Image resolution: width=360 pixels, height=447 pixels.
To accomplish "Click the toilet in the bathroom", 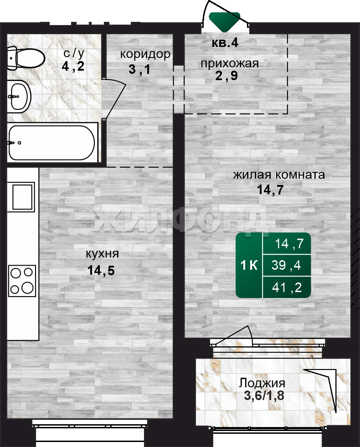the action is [x=25, y=58].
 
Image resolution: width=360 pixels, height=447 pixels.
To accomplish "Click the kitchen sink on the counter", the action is [x=23, y=197].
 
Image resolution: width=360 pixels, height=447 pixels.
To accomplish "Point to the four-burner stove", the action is [x=22, y=281].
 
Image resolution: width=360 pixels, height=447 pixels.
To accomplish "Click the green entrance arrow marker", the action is [x=225, y=22].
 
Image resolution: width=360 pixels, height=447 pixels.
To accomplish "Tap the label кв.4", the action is [x=225, y=43].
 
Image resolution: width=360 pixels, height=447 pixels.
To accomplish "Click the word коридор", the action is [x=145, y=54].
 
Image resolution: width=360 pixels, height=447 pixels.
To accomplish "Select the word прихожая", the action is [x=230, y=64].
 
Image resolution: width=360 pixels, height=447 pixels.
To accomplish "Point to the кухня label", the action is [x=103, y=254].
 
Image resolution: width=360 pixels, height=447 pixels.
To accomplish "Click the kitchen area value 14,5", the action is [x=101, y=270].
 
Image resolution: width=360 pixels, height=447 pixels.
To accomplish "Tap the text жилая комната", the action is [x=279, y=175].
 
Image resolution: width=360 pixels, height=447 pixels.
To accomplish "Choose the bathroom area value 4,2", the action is [x=73, y=67].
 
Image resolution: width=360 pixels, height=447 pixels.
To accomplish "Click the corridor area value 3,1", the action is [x=139, y=69].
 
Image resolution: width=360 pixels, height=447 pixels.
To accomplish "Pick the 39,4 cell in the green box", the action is [x=286, y=265].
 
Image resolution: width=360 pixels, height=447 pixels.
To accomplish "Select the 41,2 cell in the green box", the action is [x=287, y=288].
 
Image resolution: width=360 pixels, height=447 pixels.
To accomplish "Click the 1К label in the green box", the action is [x=249, y=265].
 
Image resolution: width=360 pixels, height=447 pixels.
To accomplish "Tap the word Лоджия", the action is [x=262, y=383].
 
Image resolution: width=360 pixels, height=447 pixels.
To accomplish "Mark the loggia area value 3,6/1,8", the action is [x=264, y=396].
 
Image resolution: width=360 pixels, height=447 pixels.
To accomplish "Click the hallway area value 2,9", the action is [x=226, y=76].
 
